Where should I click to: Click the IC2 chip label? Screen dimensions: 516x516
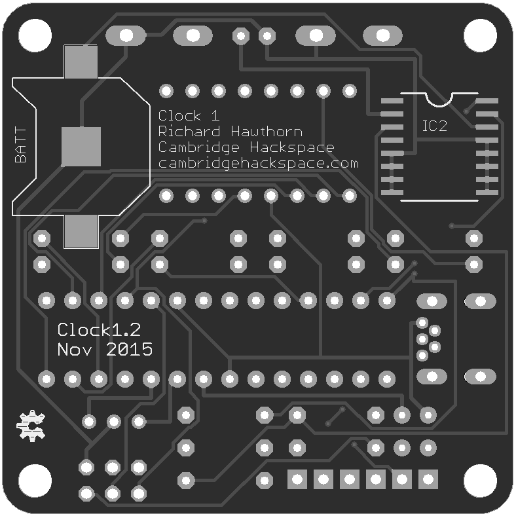tap(434, 126)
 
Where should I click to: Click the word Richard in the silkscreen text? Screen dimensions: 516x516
tap(183, 131)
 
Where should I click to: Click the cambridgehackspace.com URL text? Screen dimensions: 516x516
tap(258, 163)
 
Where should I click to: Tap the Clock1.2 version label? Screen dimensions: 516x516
tap(100, 329)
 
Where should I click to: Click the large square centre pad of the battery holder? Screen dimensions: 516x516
tap(81, 147)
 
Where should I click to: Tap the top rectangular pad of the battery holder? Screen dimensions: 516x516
tap(81, 61)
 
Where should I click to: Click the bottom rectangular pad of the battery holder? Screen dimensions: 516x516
tap(81, 232)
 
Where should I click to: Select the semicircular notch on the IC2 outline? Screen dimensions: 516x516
tap(439, 98)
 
